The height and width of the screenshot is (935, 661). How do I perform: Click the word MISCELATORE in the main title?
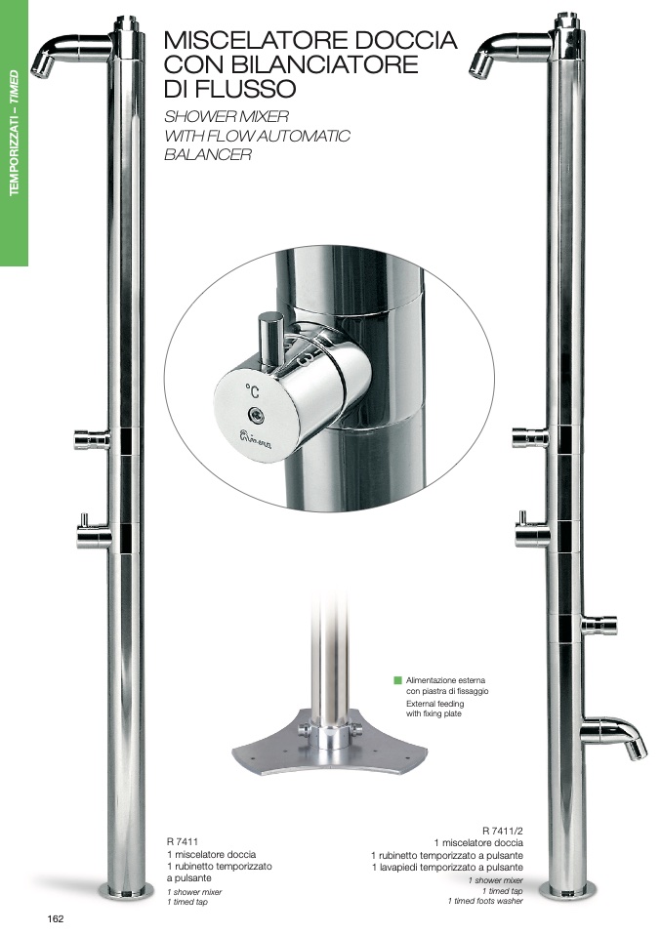click(256, 40)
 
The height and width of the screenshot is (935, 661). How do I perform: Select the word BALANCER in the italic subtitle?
click(208, 154)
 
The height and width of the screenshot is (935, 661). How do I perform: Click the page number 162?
click(55, 919)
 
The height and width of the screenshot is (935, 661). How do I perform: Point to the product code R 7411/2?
click(502, 830)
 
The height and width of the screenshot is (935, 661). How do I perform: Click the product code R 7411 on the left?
click(182, 842)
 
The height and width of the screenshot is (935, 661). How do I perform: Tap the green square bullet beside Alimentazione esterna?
click(398, 680)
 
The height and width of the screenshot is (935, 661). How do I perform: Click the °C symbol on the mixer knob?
click(252, 391)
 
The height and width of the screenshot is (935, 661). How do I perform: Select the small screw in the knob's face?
click(256, 413)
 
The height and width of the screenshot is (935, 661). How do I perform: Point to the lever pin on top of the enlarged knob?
click(270, 337)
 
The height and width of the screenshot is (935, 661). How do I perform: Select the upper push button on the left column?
click(92, 440)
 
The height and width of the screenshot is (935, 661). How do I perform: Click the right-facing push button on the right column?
click(599, 625)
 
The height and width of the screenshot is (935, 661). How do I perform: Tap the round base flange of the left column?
click(125, 891)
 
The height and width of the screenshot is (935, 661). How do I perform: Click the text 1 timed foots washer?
click(485, 901)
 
